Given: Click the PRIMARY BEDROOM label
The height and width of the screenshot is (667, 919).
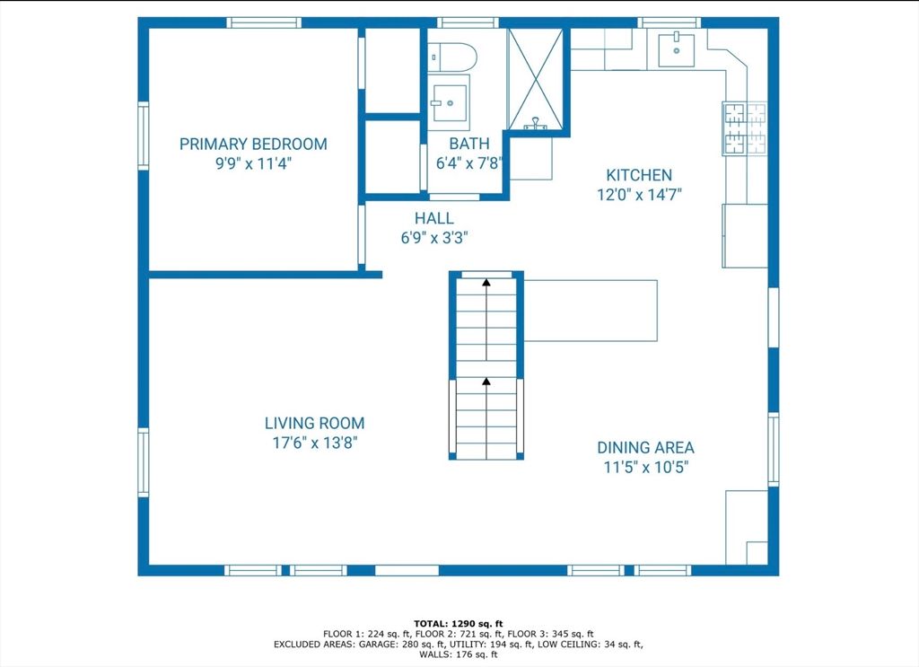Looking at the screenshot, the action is point(253,145).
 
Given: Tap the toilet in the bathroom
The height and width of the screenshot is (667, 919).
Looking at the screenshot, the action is point(452,57).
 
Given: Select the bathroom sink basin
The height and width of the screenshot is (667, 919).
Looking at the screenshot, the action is point(450,103).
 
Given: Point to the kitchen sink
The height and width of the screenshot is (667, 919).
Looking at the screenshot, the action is point(677,49).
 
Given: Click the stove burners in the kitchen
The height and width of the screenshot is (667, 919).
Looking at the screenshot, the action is point(744,128).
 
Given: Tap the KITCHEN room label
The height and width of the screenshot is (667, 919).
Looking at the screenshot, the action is point(639,175).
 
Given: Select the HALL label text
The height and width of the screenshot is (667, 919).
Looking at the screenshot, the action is point(433,218).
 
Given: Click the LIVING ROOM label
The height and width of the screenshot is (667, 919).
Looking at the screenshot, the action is point(315,423).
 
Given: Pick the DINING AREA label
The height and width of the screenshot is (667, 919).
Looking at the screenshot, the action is point(645,447).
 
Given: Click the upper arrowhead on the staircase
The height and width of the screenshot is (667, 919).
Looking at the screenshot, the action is point(486,282).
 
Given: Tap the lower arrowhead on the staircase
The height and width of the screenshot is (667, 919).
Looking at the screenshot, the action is point(486,382).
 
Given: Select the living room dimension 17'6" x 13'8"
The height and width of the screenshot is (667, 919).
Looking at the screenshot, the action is point(315,443).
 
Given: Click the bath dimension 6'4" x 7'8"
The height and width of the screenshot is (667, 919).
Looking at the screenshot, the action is point(468,163).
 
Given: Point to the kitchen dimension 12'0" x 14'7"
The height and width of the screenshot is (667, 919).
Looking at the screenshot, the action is point(639,195).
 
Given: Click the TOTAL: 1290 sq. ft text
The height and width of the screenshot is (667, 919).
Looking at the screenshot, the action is point(459,624).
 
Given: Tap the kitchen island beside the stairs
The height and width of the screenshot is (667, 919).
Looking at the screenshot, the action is point(591,311).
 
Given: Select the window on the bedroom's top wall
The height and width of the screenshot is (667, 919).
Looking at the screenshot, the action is point(264,22).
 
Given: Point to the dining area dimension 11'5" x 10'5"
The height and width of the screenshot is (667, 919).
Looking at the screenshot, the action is point(645,467).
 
